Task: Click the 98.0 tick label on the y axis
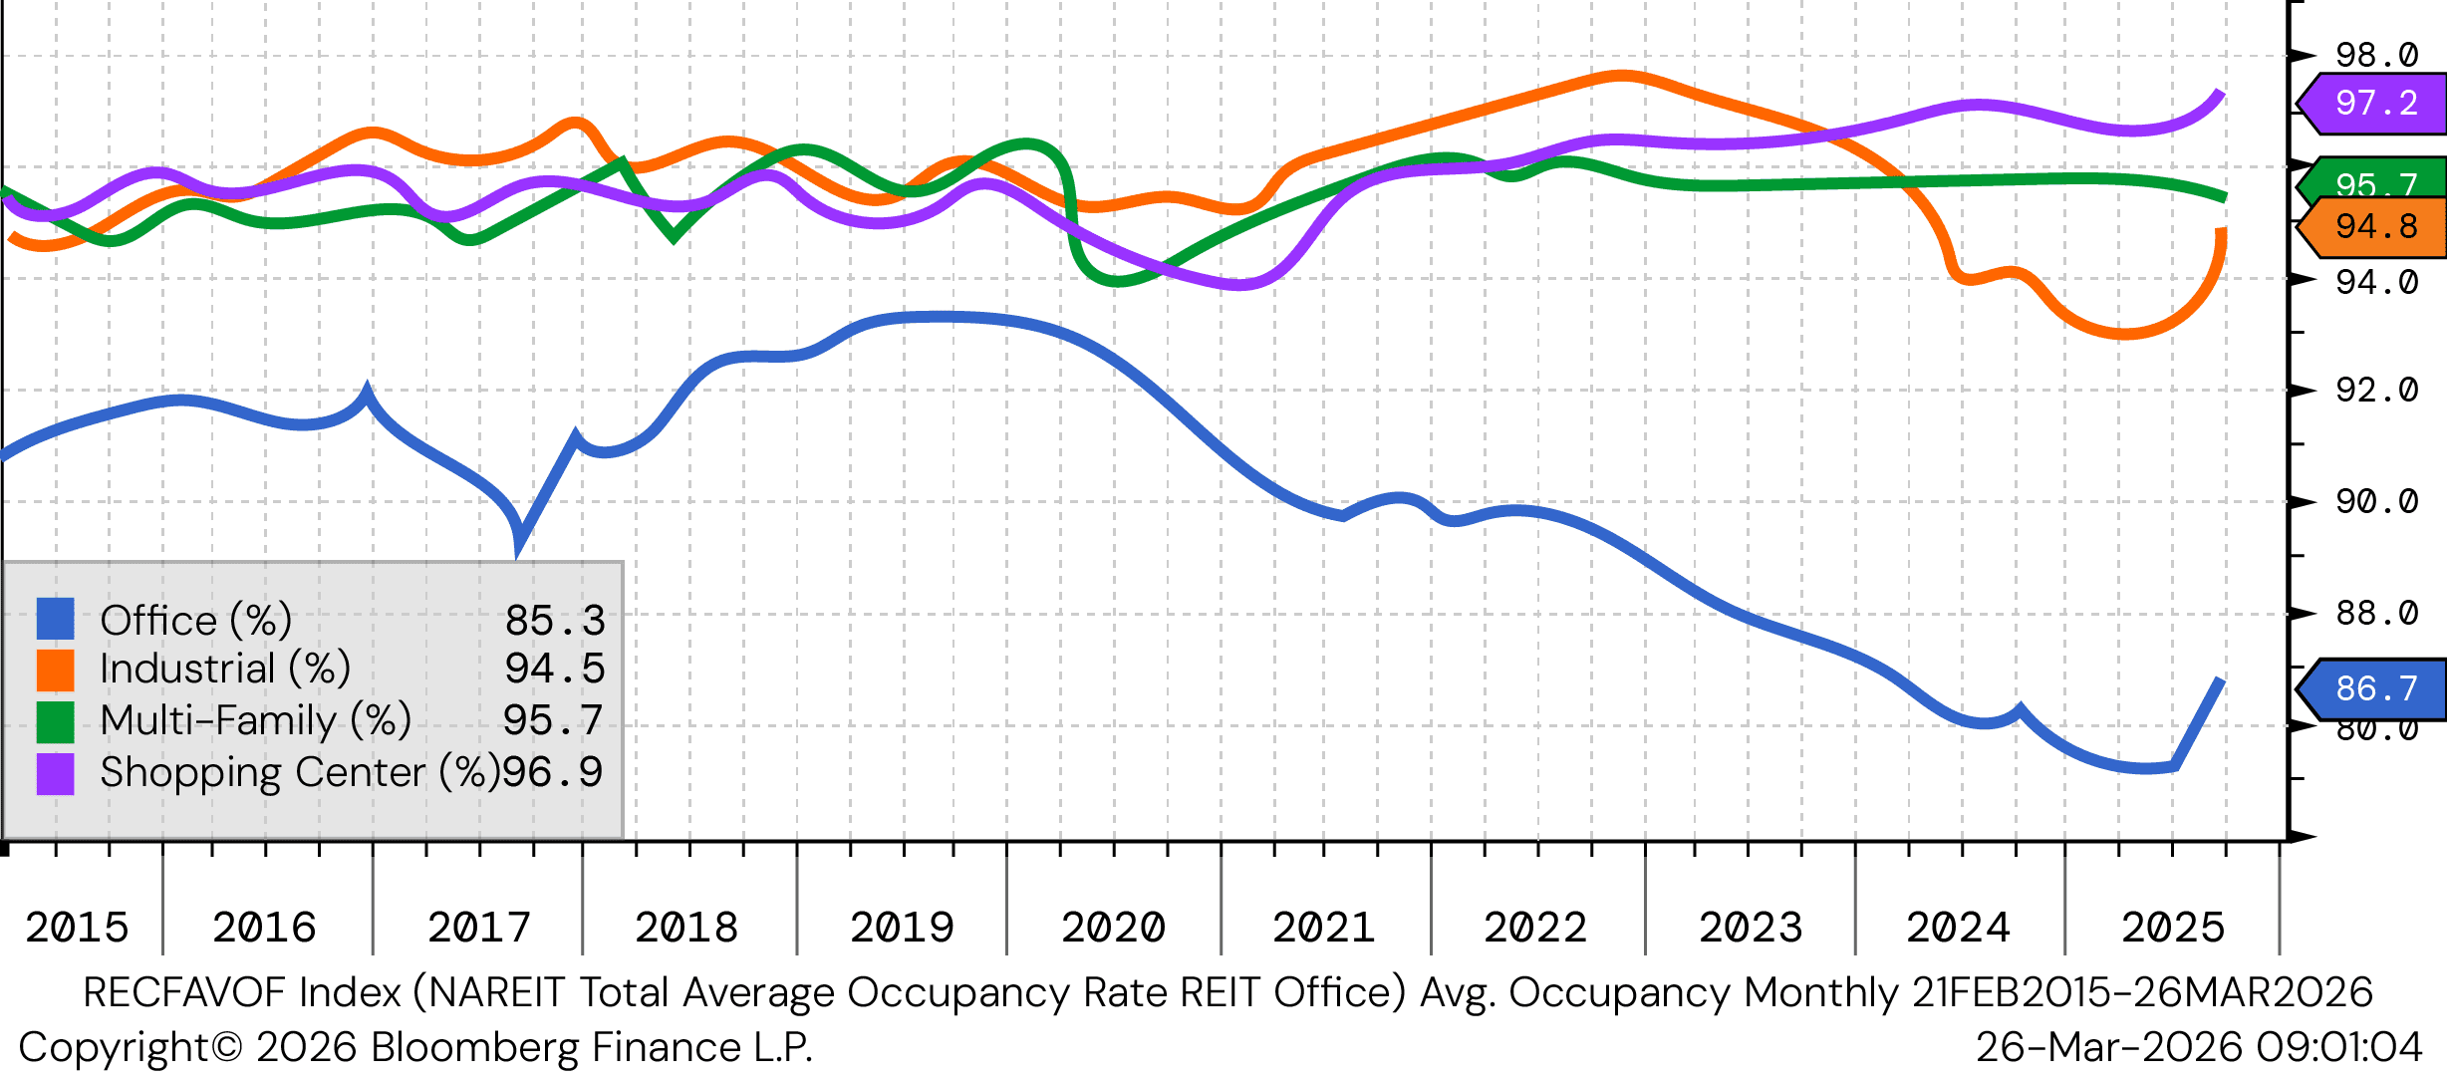pos(2376,55)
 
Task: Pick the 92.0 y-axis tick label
pos(2376,390)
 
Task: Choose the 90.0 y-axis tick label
pos(2376,501)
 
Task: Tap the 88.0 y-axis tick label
pos(2376,613)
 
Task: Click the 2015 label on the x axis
pos(77,928)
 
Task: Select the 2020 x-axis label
pos(1113,928)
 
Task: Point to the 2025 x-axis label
pos(2172,928)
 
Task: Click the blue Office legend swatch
pos(55,619)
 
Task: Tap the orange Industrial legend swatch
pos(55,670)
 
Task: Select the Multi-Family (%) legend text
pos(256,720)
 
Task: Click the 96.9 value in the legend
pos(553,772)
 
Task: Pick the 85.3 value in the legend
pos(555,620)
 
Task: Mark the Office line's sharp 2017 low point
pos(519,543)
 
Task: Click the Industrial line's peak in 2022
pos(1622,76)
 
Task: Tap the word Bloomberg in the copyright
pos(475,1047)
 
